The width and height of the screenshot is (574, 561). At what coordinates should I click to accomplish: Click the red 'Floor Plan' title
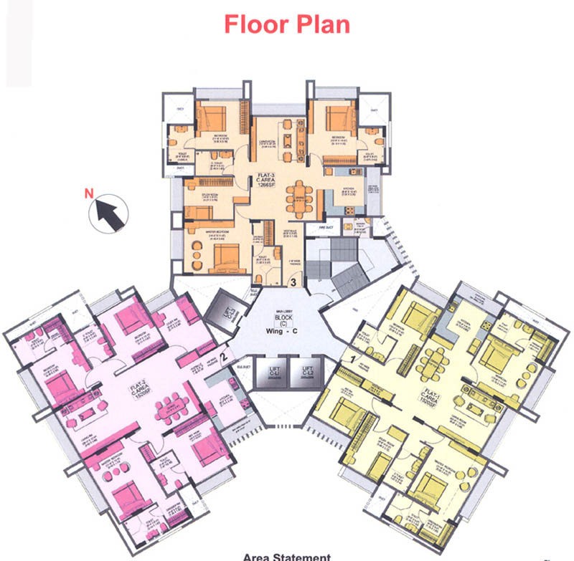287,24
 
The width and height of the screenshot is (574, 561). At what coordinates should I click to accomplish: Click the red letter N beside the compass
90,193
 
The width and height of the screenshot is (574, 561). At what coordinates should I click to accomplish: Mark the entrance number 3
293,282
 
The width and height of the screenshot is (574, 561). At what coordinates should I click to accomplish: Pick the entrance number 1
353,354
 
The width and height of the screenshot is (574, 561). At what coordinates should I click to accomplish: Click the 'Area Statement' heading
286,557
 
